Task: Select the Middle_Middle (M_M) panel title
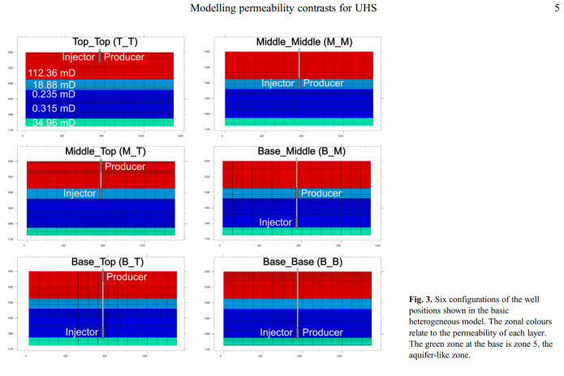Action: coord(298,41)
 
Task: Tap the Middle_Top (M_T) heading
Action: coord(101,152)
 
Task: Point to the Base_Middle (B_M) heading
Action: coord(297,152)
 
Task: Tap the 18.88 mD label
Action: coord(54,84)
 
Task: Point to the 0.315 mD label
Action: coord(54,108)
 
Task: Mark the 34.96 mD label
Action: coord(54,123)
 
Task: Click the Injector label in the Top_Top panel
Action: coord(80,58)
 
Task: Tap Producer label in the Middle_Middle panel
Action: coord(323,83)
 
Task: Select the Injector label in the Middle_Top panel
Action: coord(80,193)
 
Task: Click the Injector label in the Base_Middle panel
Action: coord(276,223)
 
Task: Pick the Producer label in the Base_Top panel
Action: coord(127,277)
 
